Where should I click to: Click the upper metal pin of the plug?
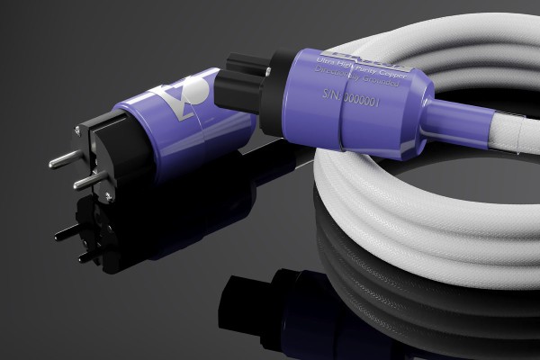click(x=62, y=159)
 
